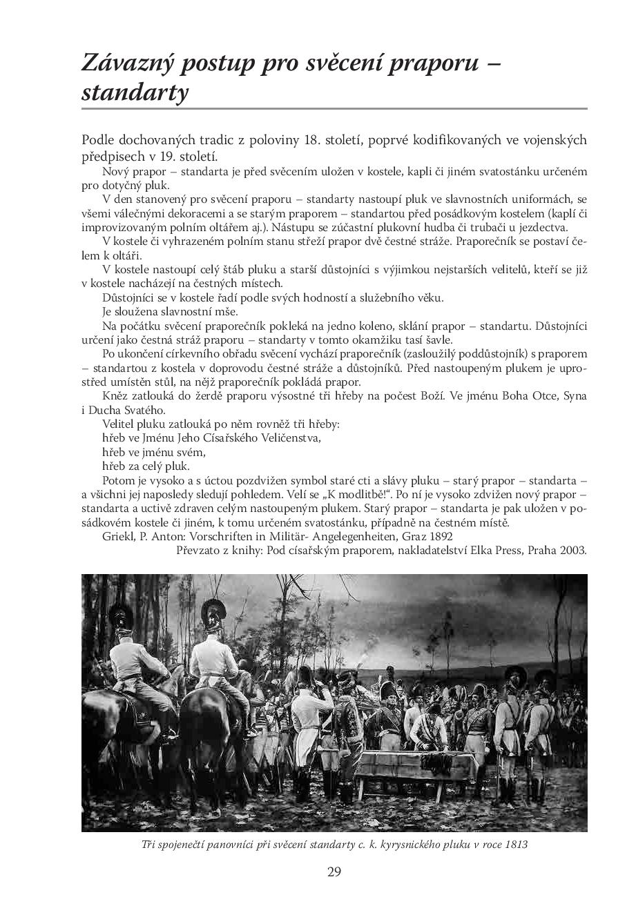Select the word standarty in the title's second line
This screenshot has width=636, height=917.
pyautogui.click(x=135, y=92)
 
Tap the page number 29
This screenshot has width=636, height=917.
pyautogui.click(x=334, y=871)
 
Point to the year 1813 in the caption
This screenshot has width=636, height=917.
pyautogui.click(x=515, y=844)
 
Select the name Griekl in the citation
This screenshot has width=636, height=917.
pyautogui.click(x=117, y=536)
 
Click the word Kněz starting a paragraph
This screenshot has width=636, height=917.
pyautogui.click(x=115, y=395)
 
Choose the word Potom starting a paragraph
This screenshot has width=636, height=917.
pyautogui.click(x=117, y=480)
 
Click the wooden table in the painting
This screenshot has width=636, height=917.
pyautogui.click(x=414, y=766)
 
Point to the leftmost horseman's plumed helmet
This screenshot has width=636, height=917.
pyautogui.click(x=124, y=615)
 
